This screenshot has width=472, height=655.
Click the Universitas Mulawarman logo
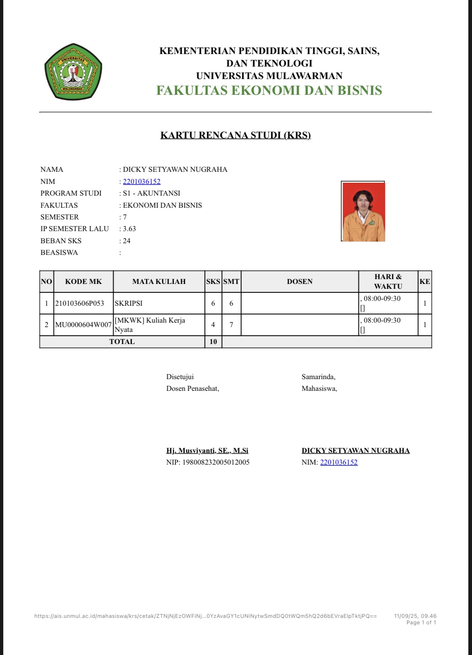(73, 71)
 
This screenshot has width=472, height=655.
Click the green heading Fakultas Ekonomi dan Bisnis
(269, 90)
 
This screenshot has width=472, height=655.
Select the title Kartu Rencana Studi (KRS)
(236, 135)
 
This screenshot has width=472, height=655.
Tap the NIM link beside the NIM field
(142, 181)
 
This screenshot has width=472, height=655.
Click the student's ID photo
(363, 212)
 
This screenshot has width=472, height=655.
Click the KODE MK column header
(84, 282)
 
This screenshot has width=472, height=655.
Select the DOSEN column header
(300, 282)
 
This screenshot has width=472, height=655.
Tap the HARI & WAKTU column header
(388, 282)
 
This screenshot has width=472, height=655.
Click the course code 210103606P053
(79, 303)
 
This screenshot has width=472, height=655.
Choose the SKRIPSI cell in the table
(129, 303)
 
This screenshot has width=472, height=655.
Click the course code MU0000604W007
(84, 325)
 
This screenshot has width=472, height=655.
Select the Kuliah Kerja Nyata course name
(150, 325)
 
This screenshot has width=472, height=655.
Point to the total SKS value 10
(213, 342)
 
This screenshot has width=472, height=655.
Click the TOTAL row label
(122, 342)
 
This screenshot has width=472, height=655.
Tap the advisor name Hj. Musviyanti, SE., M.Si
(207, 451)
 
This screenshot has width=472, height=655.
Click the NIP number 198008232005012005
(216, 462)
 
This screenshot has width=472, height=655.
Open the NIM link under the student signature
(339, 462)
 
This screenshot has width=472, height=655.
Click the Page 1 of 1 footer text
(421, 622)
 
